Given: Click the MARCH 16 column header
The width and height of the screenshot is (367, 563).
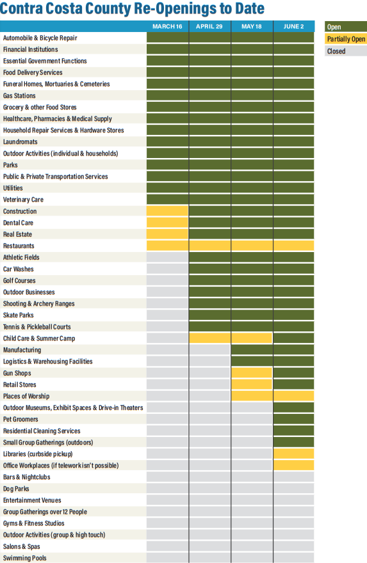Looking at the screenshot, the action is pos(167,27).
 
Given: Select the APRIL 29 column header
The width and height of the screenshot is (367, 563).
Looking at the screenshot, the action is pos(209,27).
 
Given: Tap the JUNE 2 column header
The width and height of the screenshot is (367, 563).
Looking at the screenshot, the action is pos(293,27).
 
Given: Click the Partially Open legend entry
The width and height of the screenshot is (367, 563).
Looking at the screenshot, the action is pos(346,39).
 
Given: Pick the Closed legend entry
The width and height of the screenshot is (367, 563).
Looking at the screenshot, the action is pos(346,51).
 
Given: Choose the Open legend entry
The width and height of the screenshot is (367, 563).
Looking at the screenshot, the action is pos(346,27).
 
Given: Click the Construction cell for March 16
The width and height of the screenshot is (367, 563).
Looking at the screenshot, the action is pos(167,210).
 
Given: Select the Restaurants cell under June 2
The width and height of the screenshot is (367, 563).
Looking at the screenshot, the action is pos(294,246).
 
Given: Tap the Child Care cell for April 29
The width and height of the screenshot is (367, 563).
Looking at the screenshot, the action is pos(209,338).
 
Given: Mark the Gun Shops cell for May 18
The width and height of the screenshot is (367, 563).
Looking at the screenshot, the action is pos(252,373).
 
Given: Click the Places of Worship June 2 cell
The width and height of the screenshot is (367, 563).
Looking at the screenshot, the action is pos(294,395).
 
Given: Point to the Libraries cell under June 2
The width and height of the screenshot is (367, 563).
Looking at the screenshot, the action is pos(294,454).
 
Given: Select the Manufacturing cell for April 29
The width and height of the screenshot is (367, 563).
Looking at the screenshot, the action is pos(209,349).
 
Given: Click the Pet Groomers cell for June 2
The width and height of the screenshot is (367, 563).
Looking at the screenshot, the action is pos(294,419).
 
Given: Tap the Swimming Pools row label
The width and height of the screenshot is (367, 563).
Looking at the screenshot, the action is pos(25,558).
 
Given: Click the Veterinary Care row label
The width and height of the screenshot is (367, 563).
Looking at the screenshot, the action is pos(23,200).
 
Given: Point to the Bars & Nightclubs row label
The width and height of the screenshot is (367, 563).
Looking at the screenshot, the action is pos(27,477).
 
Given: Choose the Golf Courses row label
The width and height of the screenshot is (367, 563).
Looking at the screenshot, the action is pos(19,280).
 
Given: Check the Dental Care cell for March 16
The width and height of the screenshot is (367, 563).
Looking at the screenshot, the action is pos(167,222).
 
